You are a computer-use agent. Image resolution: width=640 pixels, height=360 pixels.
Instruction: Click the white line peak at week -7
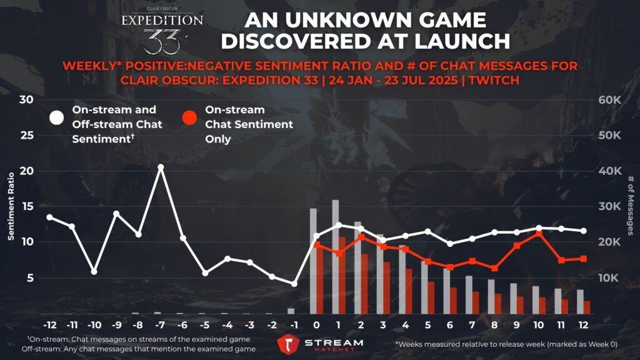[161, 167]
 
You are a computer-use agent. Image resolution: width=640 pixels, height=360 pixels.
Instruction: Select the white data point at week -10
[94, 272]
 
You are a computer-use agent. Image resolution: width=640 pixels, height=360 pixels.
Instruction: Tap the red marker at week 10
[539, 234]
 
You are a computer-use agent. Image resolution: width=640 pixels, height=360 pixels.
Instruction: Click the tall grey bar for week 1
[336, 256]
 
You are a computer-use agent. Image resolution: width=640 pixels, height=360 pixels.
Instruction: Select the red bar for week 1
[342, 275]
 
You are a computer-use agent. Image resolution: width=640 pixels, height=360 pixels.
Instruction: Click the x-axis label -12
[49, 326]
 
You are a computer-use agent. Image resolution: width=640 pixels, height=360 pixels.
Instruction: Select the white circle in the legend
[57, 117]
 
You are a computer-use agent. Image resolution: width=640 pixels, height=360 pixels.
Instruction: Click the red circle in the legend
[189, 117]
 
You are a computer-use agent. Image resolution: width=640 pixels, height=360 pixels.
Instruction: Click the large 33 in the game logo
[161, 41]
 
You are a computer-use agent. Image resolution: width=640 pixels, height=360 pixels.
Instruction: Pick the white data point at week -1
[294, 284]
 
